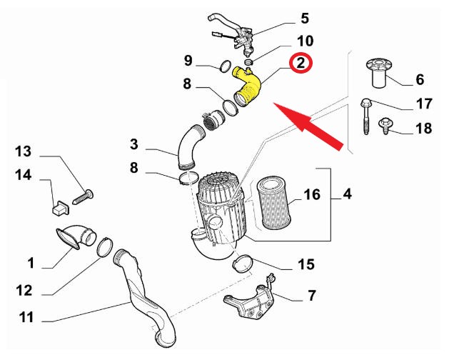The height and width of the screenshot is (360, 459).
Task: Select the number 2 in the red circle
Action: (301, 63)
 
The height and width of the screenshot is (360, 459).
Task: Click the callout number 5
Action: (304, 18)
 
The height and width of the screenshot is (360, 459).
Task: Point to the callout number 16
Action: (311, 195)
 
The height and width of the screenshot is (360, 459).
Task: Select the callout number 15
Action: (306, 265)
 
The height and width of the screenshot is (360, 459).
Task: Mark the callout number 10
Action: (305, 41)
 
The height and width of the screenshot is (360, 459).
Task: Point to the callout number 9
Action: (188, 59)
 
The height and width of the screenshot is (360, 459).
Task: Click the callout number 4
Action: (347, 194)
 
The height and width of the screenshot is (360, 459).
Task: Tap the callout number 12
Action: (24, 291)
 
